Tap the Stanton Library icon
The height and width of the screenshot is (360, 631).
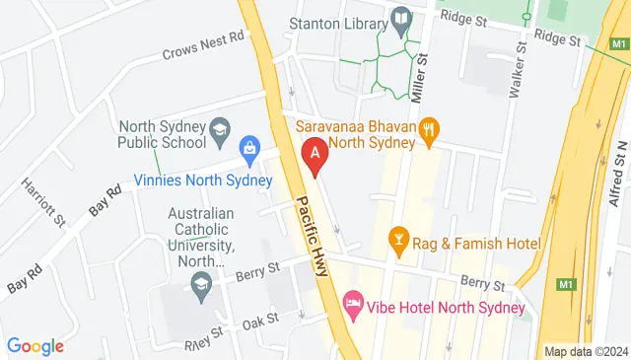(x=401, y=18)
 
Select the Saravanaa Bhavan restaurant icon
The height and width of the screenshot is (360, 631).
(x=428, y=128)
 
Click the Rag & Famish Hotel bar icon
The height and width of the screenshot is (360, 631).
(x=398, y=238)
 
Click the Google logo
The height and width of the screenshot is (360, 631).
(x=35, y=346)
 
